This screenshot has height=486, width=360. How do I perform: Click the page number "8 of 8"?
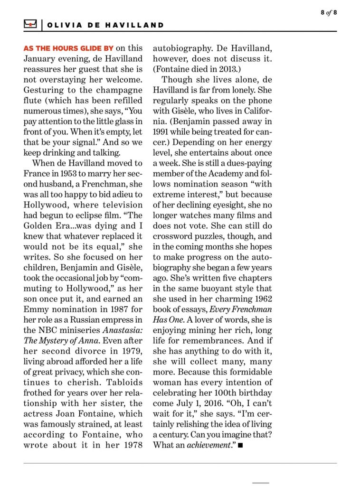tap(328, 12)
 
